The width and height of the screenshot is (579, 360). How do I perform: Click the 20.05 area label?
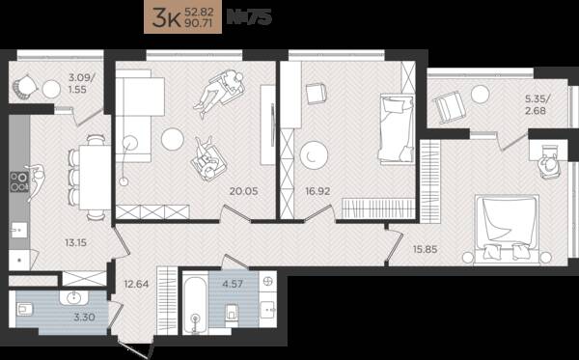tap(244, 191)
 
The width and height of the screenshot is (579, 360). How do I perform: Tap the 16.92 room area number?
tap(317, 191)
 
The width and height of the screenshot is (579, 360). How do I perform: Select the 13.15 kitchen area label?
tap(75, 242)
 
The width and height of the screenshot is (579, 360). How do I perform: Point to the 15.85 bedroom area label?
tap(425, 249)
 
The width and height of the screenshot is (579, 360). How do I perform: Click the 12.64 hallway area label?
tap(136, 284)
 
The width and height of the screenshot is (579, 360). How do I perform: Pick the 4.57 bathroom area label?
tap(233, 284)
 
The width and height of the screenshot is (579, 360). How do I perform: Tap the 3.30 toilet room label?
tap(84, 317)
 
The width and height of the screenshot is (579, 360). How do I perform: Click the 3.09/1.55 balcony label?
tap(82, 83)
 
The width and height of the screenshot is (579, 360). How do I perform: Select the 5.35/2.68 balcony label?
tap(538, 104)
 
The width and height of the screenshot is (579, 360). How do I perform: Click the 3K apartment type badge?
tap(182, 18)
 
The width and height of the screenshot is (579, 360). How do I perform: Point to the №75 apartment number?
tap(249, 17)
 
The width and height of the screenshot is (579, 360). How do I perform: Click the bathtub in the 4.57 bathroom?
tap(195, 301)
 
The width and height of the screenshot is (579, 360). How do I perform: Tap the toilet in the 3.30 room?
tap(25, 309)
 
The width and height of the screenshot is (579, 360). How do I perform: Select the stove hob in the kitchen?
tap(19, 182)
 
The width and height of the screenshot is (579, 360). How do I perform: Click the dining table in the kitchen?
tap(95, 178)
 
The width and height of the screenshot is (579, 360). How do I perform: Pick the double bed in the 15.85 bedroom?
tap(507, 230)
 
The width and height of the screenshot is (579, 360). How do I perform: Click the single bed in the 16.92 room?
tap(397, 128)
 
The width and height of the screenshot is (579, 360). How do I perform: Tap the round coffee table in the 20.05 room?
tap(173, 139)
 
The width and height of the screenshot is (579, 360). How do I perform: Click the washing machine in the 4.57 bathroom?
tap(267, 283)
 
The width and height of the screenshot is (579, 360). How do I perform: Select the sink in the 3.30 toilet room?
tap(74, 297)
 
